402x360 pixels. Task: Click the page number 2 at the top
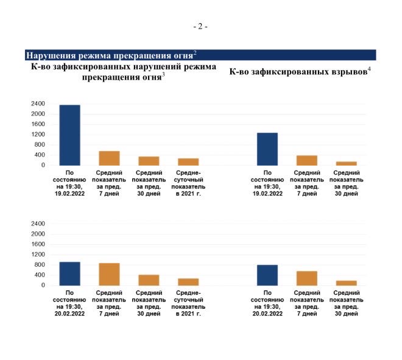[x=200, y=26]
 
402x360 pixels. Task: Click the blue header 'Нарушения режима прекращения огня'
[x=110, y=55]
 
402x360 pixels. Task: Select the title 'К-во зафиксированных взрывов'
[x=298, y=71]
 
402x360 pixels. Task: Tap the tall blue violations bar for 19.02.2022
[x=69, y=135]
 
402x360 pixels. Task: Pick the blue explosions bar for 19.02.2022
[x=267, y=149]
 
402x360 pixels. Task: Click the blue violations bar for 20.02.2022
[x=69, y=274]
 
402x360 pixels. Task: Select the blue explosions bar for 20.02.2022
[x=267, y=275]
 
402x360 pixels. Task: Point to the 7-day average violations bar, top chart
[x=109, y=158]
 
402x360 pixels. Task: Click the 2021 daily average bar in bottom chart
[x=188, y=282]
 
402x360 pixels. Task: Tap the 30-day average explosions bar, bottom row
[x=347, y=283]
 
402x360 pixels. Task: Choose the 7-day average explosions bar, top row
[x=307, y=160]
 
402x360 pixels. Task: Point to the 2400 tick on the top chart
[x=38, y=104]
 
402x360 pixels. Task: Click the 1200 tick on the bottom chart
[x=38, y=255]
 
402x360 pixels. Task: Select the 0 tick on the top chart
[x=43, y=165]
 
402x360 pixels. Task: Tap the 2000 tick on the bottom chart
[x=38, y=234]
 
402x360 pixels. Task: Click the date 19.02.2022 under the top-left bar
[x=69, y=194]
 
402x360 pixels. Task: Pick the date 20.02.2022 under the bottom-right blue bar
[x=267, y=314]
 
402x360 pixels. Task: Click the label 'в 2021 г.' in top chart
[x=188, y=194]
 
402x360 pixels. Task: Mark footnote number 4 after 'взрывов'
[x=369, y=69]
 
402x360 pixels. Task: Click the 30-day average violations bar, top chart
[x=149, y=161]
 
